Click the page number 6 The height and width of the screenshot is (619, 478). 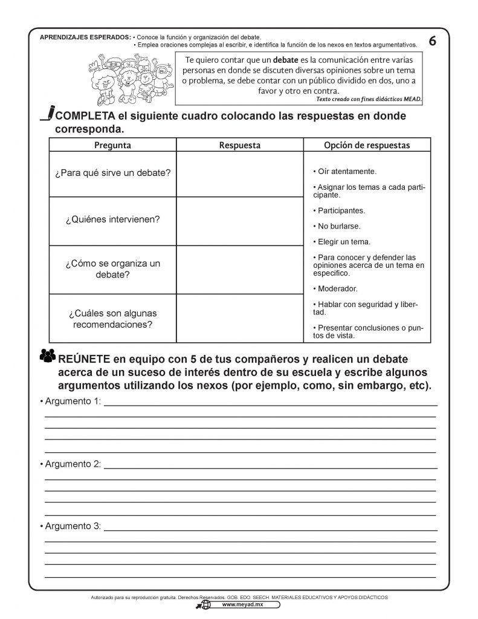(x=432, y=41)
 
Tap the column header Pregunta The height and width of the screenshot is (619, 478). (x=112, y=145)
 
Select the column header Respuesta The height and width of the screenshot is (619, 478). (x=239, y=145)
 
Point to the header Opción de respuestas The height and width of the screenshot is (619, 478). (x=367, y=145)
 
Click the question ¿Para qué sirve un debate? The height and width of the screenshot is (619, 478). (x=112, y=173)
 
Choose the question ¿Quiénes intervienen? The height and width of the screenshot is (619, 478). (x=112, y=220)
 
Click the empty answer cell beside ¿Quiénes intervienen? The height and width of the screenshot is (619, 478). (x=239, y=221)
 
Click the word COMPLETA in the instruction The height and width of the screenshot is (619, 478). (x=85, y=115)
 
